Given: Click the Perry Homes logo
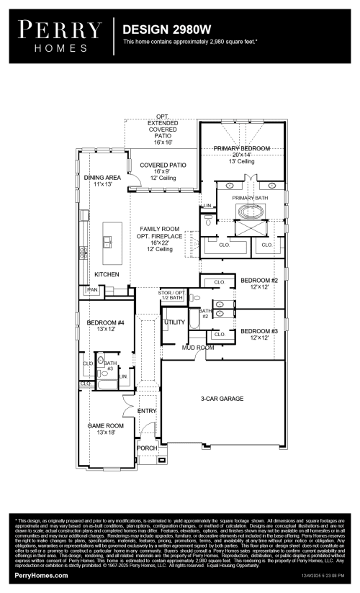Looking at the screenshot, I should point(60,35).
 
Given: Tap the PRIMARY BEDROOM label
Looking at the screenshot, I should point(241,148).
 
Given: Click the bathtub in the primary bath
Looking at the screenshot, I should point(251,214).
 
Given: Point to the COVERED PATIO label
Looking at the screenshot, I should point(163,165).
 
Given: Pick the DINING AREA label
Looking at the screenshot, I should point(102,177).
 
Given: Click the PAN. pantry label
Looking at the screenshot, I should point(93,289).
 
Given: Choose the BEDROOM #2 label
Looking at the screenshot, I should point(259,280).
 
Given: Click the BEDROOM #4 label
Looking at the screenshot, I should point(106,323).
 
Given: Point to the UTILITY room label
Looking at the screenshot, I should point(174,322).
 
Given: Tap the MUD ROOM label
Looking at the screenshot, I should point(198,347).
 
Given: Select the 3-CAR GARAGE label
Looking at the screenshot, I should point(222,398).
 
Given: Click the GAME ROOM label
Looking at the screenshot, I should point(106,425).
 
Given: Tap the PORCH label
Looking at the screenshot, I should point(147,448).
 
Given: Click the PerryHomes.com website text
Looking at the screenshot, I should point(42,575).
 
